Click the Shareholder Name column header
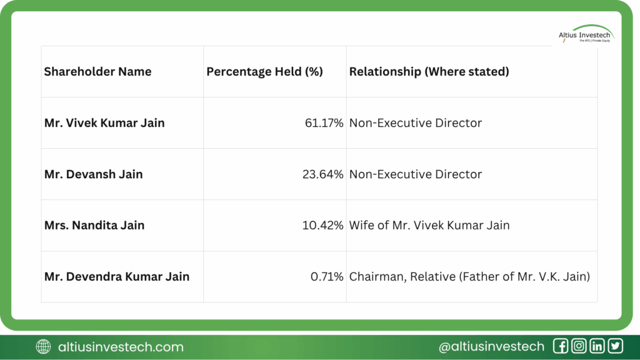pos(97,72)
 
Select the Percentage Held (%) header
pos(264,72)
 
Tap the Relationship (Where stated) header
pos(429,72)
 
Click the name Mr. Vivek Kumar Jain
pos(104,123)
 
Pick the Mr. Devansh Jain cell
pos(93,174)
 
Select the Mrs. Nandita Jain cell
pos(94,226)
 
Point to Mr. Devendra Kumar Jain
pos(116,277)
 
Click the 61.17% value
pos(324,123)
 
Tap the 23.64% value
pos(322,174)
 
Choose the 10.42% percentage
pos(323,226)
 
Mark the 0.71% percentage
pos(327,277)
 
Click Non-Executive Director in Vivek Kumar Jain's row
pos(416,123)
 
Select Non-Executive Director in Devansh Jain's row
pos(416,174)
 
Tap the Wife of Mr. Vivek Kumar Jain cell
pos(429,226)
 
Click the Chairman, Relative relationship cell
pos(469,277)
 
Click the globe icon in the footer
pos(44,347)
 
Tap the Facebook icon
pos(561,346)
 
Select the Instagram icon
pos(579,346)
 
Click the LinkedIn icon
pos(597,346)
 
